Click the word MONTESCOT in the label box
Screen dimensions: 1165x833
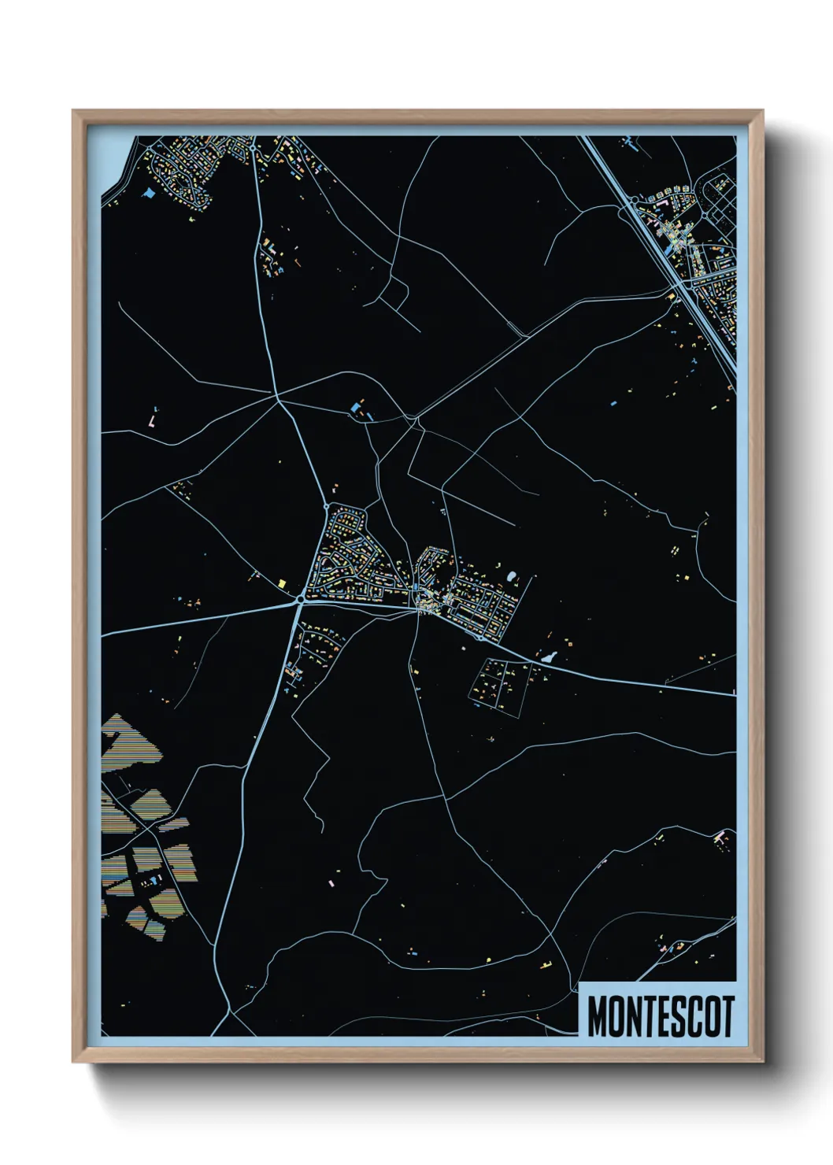coord(660,1016)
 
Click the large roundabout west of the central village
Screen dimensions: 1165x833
coord(301,600)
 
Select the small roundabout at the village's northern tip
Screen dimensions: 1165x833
coord(326,505)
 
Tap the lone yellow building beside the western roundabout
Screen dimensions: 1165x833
coord(282,582)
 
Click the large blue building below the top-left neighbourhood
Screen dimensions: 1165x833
coord(149,192)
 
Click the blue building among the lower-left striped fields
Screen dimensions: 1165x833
coord(153,877)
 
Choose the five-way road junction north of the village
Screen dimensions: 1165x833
coord(279,400)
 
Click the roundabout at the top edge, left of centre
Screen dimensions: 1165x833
coord(252,146)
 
